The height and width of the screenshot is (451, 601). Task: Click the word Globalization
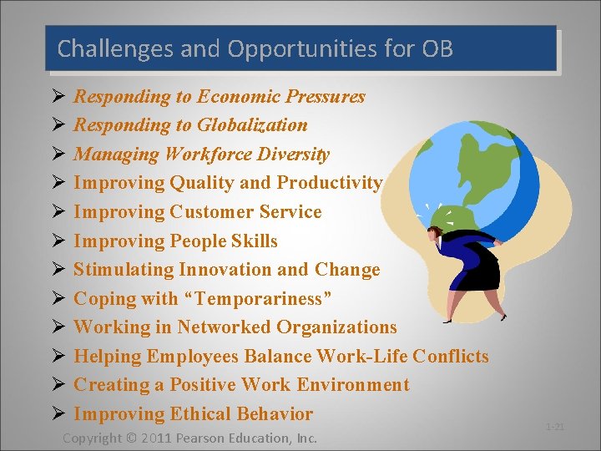[252, 125]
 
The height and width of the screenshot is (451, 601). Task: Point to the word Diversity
[294, 155]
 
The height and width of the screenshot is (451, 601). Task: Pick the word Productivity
[330, 183]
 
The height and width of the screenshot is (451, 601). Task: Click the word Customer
[210, 212]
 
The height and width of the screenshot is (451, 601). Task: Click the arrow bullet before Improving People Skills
[56, 241]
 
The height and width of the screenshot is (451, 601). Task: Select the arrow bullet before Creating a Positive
[56, 385]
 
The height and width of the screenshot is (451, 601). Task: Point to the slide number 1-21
[555, 427]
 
